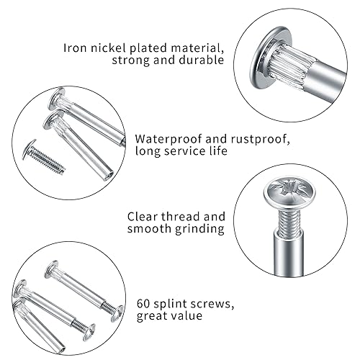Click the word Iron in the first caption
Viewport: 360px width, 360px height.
75,48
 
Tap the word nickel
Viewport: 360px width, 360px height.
108,48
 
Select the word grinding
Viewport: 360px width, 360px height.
199,229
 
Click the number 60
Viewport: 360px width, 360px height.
143,304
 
